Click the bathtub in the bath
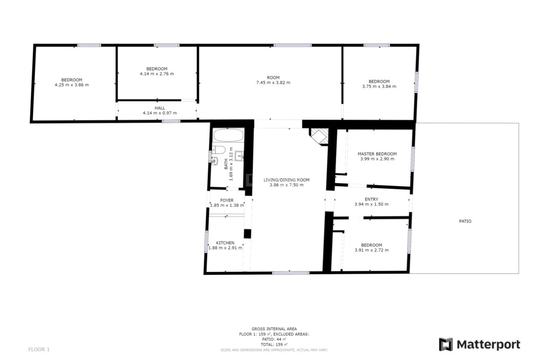tap(228, 135)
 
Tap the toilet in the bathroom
tap(219, 150)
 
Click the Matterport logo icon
tap(446, 344)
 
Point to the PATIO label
tap(465, 221)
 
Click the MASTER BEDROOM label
tap(377, 154)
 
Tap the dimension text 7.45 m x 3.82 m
tap(273, 83)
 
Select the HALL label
tap(160, 108)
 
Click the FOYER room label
tap(227, 200)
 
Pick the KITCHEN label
tap(225, 243)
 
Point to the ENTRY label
tap(371, 199)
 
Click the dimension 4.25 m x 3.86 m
tap(71, 85)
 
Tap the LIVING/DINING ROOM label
tap(286, 180)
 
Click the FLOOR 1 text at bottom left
tap(39, 350)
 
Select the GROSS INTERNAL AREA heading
tap(274, 329)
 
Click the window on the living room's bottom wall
tap(291, 272)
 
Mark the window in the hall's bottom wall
tap(171, 121)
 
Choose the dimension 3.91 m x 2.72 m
tap(371, 250)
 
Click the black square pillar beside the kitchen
tap(247, 234)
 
